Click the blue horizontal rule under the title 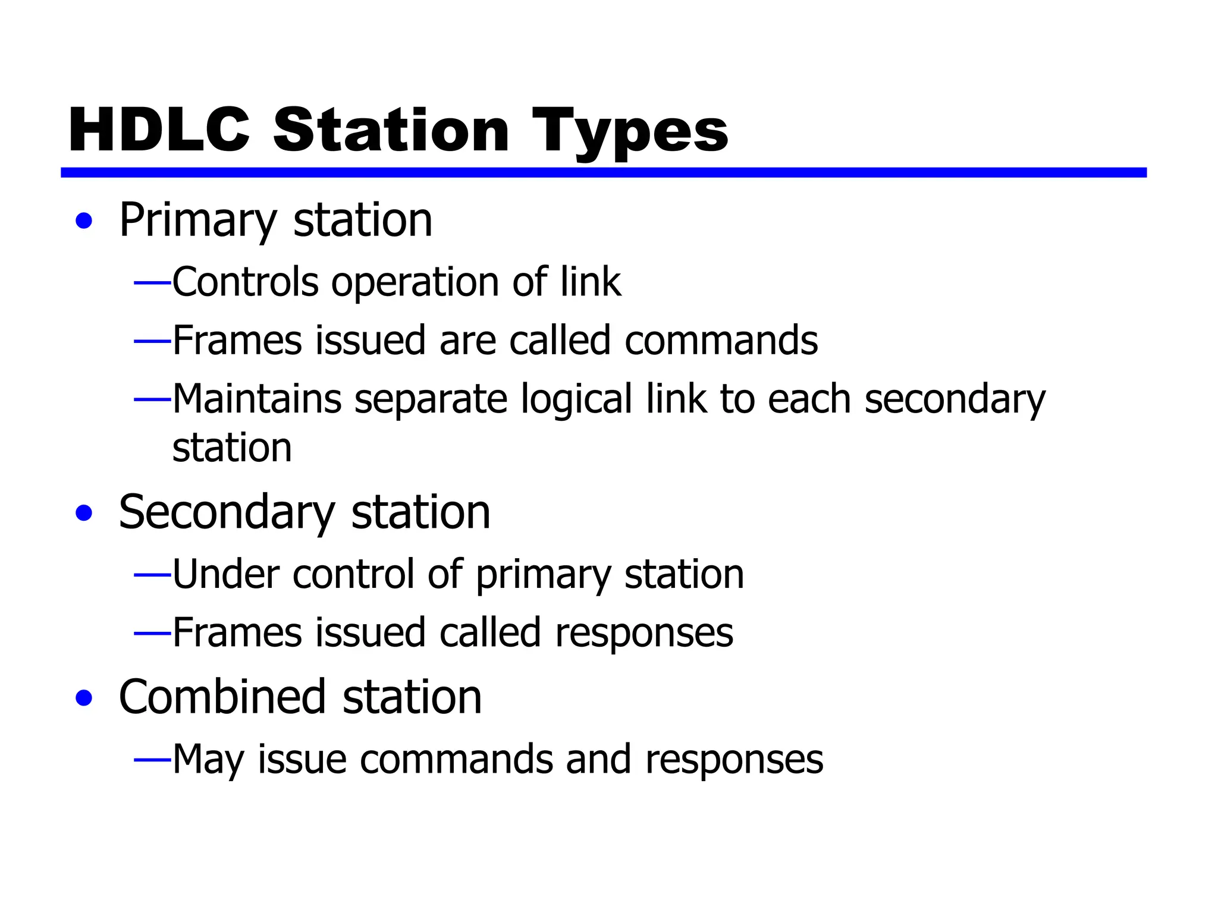click(603, 172)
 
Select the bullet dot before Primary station click(84, 221)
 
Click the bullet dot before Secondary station click(84, 512)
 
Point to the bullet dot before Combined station click(84, 698)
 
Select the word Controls click(245, 282)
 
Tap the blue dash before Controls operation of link click(153, 282)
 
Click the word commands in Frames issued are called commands click(721, 341)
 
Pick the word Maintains click(257, 399)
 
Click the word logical click(576, 399)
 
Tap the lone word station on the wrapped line click(232, 448)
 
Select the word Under click(226, 574)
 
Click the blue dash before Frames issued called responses click(153, 634)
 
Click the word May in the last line click(208, 760)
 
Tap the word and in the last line click(598, 760)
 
